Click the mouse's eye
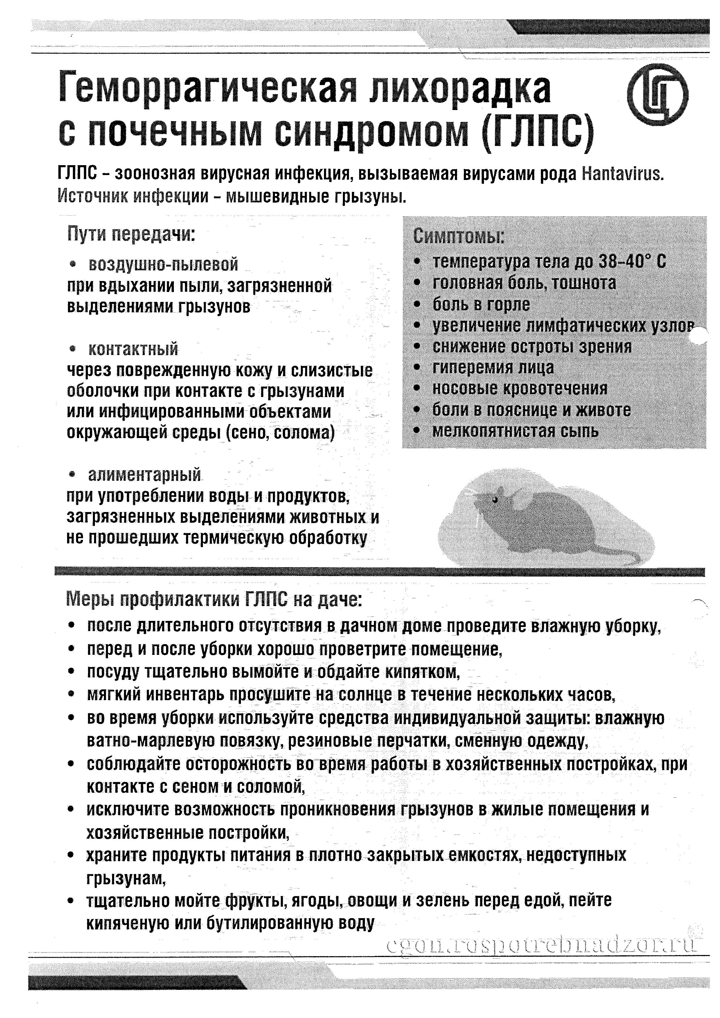[x=496, y=499]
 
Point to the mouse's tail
[x=621, y=552]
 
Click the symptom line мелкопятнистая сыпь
[x=515, y=431]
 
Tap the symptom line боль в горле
[x=481, y=304]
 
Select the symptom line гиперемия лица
[x=493, y=367]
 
